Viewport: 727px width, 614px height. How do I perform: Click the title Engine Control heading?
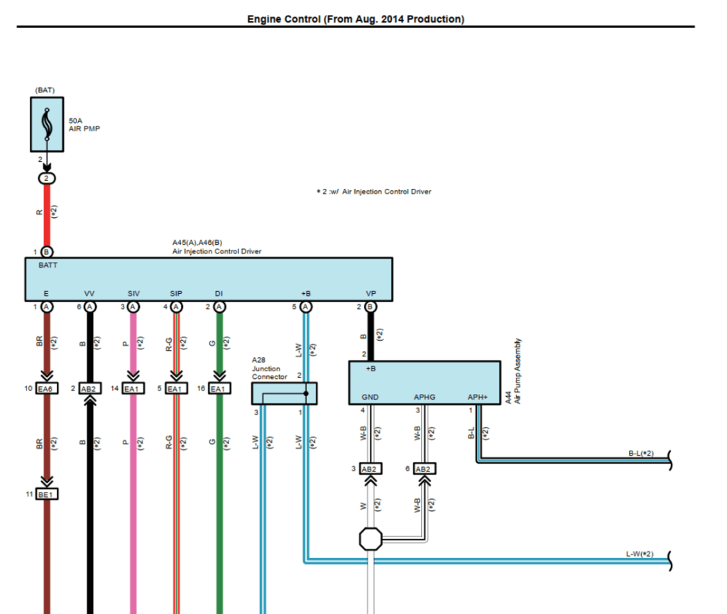[355, 19]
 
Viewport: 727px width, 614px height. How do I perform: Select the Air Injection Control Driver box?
[209, 279]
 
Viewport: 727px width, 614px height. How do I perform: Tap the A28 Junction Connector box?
[284, 393]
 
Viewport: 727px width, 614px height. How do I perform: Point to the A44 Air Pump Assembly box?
[424, 383]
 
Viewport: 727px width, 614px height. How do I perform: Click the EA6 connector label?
[47, 388]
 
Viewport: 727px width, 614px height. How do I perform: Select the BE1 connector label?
[47, 493]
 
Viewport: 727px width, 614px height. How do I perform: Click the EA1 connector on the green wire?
[219, 388]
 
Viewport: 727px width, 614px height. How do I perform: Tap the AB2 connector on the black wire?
[90, 388]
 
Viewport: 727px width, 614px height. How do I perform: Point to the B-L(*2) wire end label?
[640, 453]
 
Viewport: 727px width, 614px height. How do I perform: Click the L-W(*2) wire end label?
[640, 553]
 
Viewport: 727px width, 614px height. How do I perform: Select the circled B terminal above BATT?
[47, 252]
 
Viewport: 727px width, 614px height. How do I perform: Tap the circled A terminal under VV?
[90, 307]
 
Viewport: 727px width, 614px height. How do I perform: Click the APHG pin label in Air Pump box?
[425, 398]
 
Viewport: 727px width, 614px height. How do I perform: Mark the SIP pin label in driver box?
[176, 293]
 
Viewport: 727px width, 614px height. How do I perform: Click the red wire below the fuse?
[47, 213]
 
